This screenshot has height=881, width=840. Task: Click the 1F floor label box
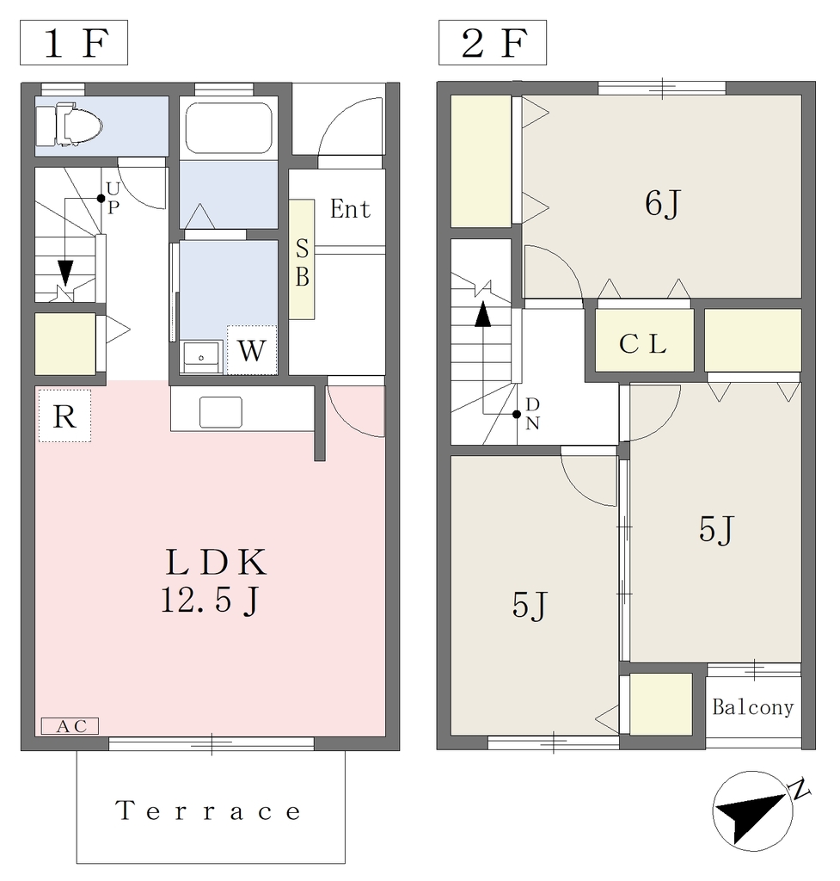(74, 43)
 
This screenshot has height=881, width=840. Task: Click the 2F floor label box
(493, 43)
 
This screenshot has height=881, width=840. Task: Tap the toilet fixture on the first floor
(69, 124)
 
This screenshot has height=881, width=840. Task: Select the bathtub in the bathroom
(229, 127)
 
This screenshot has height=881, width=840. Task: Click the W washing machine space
(252, 350)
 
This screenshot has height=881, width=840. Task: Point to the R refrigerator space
(64, 416)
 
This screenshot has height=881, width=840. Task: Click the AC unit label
(71, 726)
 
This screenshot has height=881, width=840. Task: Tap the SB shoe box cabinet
(302, 260)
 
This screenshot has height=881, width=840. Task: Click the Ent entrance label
(351, 209)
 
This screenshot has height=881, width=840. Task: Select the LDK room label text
(216, 562)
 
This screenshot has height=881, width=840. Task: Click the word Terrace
(208, 811)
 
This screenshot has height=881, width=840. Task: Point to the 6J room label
(663, 203)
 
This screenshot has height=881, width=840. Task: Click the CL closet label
(643, 344)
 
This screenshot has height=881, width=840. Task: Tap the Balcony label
(753, 707)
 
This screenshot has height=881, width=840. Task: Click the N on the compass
(800, 790)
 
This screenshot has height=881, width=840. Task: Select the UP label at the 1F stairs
(113, 198)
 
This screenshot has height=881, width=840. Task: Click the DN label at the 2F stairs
(532, 414)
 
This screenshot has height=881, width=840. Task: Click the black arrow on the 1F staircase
(65, 273)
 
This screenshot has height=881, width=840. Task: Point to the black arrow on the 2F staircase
(483, 315)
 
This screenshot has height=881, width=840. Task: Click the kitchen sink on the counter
(221, 412)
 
